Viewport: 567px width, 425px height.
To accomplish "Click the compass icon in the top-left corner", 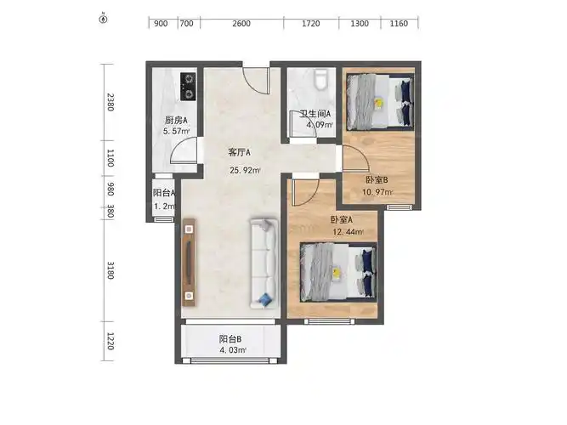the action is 104,19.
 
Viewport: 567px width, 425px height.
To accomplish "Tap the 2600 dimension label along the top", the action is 241,24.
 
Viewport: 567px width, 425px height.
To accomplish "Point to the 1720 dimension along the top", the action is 311,24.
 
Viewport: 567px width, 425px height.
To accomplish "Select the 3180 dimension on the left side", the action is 111,270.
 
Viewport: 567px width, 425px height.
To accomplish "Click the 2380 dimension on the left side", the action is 111,102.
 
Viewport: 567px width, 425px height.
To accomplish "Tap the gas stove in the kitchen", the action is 188,87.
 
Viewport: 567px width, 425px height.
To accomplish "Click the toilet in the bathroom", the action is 320,79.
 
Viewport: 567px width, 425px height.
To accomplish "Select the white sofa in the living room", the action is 264,263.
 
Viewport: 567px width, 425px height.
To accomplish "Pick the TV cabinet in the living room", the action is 189,263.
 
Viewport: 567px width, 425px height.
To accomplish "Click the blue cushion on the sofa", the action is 265,299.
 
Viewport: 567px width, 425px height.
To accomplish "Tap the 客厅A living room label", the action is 239,153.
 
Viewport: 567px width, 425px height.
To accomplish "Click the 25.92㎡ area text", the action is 245,170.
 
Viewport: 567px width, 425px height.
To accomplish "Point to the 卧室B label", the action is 377,179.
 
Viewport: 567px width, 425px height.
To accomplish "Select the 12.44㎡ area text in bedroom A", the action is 348,232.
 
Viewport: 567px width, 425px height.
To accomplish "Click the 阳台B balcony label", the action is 230,339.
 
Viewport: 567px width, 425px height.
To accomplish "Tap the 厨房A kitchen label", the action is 176,120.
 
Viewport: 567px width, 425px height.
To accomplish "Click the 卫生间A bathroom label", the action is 315,114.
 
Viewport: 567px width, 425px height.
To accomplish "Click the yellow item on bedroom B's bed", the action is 378,103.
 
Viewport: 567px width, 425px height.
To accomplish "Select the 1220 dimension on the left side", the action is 111,341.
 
